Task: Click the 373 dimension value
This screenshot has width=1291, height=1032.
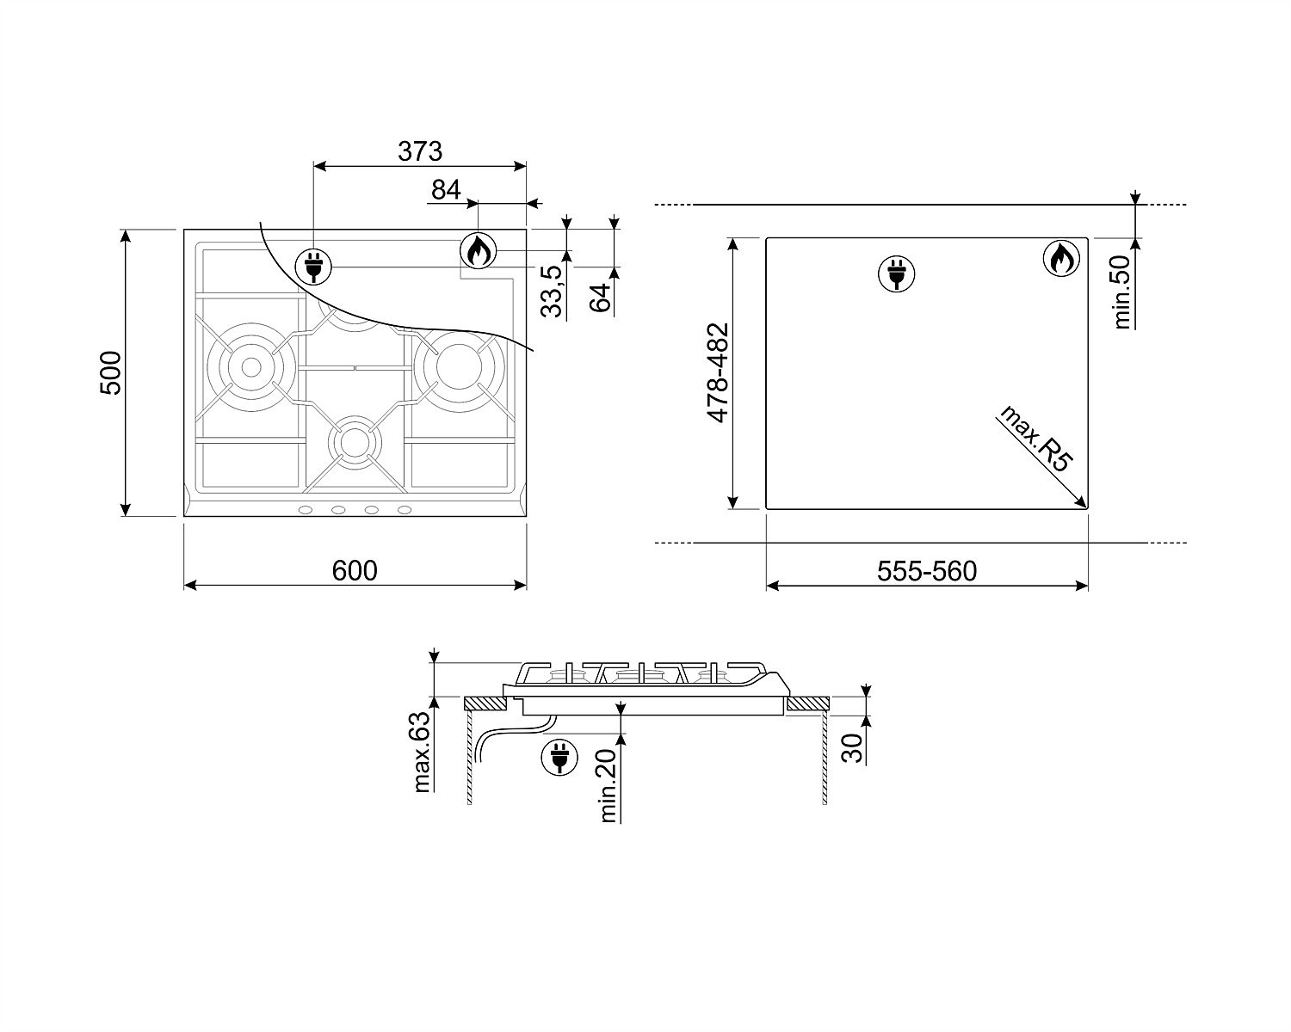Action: pyautogui.click(x=420, y=151)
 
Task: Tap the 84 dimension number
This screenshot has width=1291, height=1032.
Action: pyautogui.click(x=446, y=190)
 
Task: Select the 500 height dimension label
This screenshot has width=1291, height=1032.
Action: pyautogui.click(x=111, y=373)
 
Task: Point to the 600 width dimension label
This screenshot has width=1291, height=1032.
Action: pyautogui.click(x=355, y=571)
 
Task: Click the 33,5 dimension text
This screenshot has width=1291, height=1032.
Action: pyautogui.click(x=552, y=292)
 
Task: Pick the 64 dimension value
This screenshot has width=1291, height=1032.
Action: pyautogui.click(x=600, y=297)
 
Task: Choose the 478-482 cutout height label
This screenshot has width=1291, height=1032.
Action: pyautogui.click(x=718, y=373)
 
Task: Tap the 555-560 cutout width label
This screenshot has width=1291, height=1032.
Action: pyautogui.click(x=927, y=571)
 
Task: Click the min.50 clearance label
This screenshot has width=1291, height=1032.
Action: pyautogui.click(x=1121, y=292)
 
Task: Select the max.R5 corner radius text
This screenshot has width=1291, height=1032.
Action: pyautogui.click(x=1033, y=439)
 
